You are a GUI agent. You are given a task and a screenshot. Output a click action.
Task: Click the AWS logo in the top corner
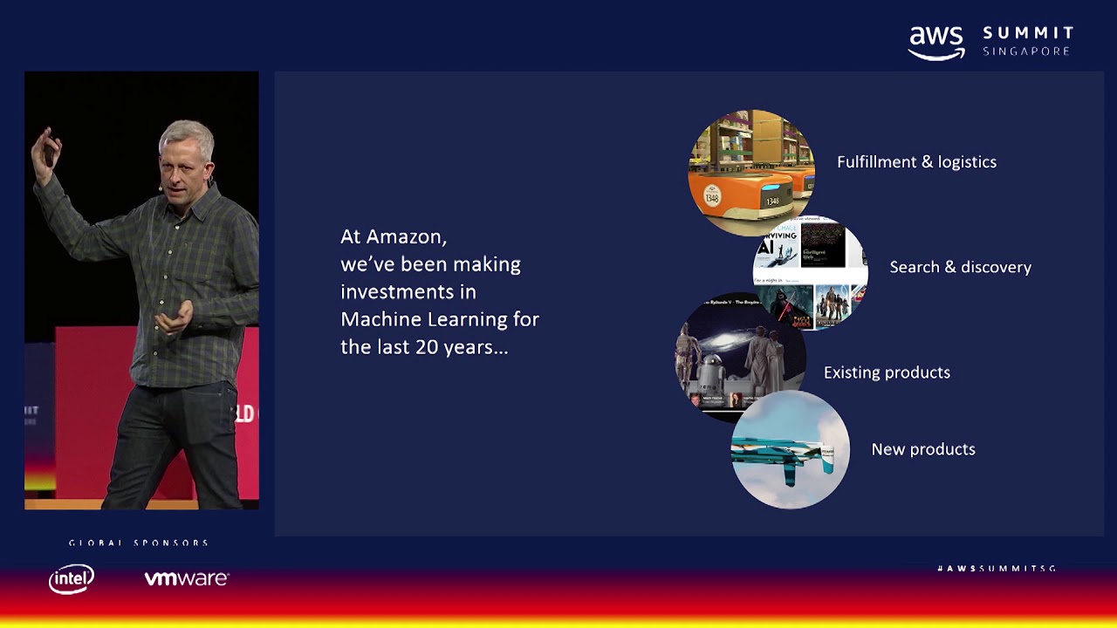pyautogui.click(x=936, y=43)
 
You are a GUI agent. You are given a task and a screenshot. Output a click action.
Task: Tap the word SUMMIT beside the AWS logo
pyautogui.click(x=1028, y=33)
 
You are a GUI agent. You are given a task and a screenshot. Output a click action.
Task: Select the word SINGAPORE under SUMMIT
pyautogui.click(x=1026, y=51)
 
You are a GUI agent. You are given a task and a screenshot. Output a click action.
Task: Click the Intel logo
pyautogui.click(x=72, y=578)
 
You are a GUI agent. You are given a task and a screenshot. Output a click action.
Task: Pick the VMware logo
pyautogui.click(x=186, y=578)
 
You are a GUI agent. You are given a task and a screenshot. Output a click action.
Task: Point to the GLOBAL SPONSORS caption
pyautogui.click(x=139, y=543)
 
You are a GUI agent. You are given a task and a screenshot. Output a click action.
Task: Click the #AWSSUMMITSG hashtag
pyautogui.click(x=997, y=569)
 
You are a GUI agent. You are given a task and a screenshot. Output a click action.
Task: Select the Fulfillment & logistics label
pyautogui.click(x=916, y=162)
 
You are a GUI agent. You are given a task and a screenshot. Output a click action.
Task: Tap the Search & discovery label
pyautogui.click(x=960, y=268)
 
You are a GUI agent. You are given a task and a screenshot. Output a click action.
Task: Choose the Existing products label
pyautogui.click(x=887, y=372)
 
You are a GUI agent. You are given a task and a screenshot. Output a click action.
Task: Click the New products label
pyautogui.click(x=923, y=449)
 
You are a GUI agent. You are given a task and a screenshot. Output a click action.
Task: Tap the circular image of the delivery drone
pyautogui.click(x=790, y=450)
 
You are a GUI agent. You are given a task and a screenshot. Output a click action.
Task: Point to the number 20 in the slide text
pyautogui.click(x=427, y=346)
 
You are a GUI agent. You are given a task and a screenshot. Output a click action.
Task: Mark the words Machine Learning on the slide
pyautogui.click(x=440, y=319)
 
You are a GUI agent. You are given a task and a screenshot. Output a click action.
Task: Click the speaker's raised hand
pyautogui.click(x=45, y=148)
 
